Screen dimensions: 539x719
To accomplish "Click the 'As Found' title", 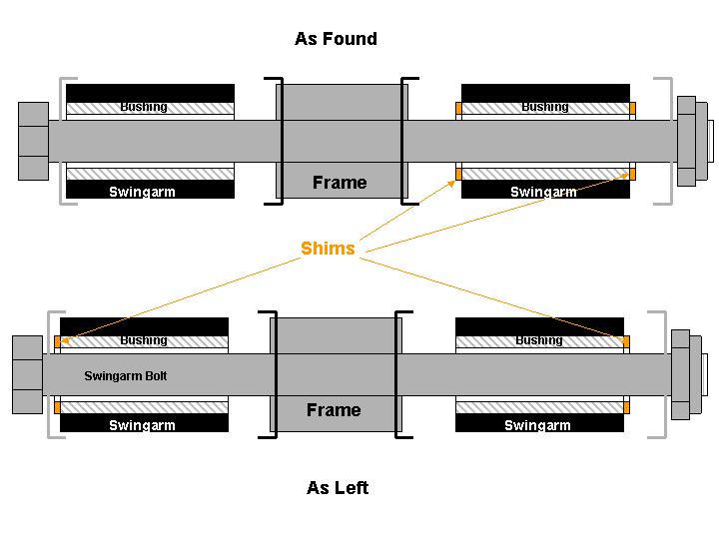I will click(x=336, y=39).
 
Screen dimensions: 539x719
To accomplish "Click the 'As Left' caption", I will click(x=337, y=488).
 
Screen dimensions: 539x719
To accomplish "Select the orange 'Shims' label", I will click(x=328, y=249).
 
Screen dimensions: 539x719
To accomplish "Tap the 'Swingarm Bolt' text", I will click(x=126, y=376).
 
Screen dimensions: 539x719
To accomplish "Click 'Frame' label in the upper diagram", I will click(x=340, y=183).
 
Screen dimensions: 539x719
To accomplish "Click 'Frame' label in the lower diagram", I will click(x=334, y=410).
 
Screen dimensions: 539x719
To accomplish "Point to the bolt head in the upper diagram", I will click(x=33, y=141).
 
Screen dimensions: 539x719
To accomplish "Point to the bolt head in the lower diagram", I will click(x=27, y=374).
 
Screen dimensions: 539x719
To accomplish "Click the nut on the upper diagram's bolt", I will click(x=687, y=141).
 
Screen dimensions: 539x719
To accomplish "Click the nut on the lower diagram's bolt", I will click(x=681, y=374).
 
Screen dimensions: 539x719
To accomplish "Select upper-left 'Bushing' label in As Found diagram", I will click(x=144, y=107).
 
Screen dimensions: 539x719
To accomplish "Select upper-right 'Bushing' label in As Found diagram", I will click(x=545, y=107).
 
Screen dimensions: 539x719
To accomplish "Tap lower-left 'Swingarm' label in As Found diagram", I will click(x=142, y=192).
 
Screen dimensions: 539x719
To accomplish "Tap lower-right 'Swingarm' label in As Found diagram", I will click(x=543, y=192).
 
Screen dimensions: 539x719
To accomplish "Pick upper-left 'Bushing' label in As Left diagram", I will click(x=144, y=340).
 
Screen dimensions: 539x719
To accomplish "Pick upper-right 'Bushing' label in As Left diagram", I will click(x=539, y=340).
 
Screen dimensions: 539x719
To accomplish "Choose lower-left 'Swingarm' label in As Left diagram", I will click(x=142, y=425).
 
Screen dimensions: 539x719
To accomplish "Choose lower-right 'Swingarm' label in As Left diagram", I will click(x=537, y=425).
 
